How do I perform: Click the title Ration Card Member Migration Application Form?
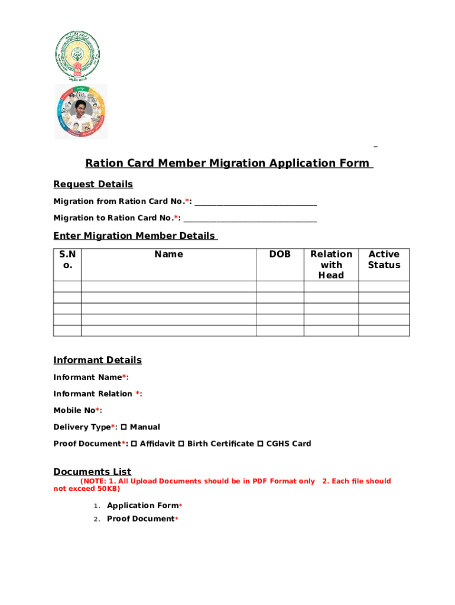[x=229, y=163]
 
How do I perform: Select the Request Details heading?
[x=93, y=184]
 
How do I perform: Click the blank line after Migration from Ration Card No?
[x=256, y=202]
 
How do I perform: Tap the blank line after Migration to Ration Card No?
[x=250, y=219]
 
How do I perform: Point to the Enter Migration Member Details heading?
[x=135, y=236]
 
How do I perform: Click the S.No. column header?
[x=67, y=259]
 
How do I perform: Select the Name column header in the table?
[x=168, y=255]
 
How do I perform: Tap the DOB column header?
[x=279, y=255]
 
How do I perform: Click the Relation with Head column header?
[x=331, y=265]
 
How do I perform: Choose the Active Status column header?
[x=383, y=259]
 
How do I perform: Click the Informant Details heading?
[x=97, y=360]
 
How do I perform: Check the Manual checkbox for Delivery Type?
[x=124, y=427]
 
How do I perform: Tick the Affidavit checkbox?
[x=134, y=444]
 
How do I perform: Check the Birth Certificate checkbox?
[x=181, y=444]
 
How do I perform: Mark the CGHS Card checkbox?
[x=260, y=444]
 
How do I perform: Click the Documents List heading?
[x=92, y=471]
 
